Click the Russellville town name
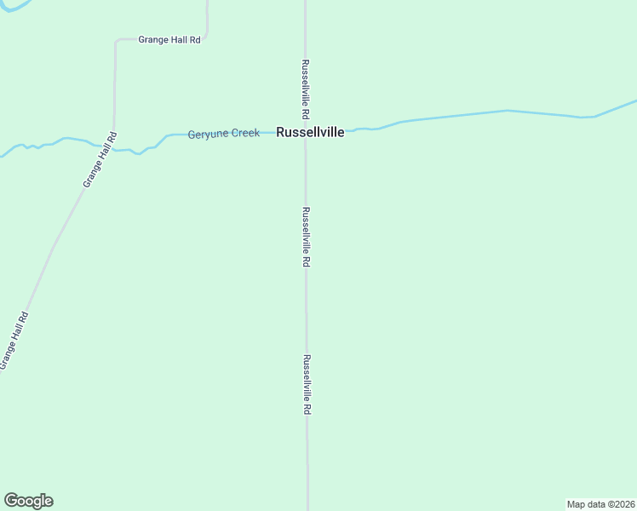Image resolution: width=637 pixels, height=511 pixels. (310, 132)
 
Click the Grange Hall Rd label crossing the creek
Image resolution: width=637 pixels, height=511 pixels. (100, 160)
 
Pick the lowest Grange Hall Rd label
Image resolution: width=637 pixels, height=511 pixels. (14, 341)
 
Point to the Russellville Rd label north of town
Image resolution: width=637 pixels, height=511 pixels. (304, 89)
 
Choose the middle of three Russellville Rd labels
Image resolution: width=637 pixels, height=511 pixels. (305, 238)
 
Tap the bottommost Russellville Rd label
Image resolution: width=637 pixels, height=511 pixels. (307, 384)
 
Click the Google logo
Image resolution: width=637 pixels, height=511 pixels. (28, 501)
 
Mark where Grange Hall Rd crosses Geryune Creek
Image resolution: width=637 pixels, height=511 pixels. (113, 150)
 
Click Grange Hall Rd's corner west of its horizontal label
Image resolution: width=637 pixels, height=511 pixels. (117, 41)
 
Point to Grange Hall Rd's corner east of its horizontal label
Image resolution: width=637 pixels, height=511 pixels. (206, 36)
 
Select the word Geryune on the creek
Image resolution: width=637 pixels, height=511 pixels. (206, 134)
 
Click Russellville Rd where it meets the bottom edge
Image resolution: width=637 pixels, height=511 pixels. (307, 508)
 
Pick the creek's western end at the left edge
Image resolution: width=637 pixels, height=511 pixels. (3, 156)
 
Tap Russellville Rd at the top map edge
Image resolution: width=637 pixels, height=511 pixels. (305, 3)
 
